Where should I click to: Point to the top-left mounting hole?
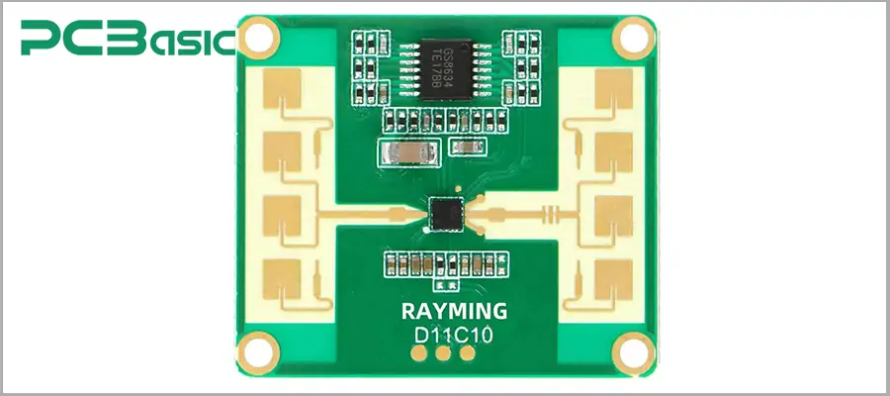259,38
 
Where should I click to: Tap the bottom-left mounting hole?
259,348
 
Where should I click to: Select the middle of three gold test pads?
443,353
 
